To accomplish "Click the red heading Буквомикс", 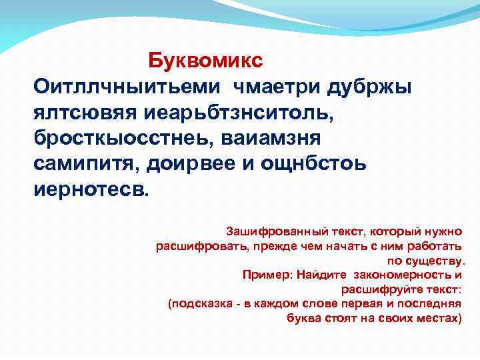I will [205, 60].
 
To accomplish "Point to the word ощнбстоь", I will [310, 163].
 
